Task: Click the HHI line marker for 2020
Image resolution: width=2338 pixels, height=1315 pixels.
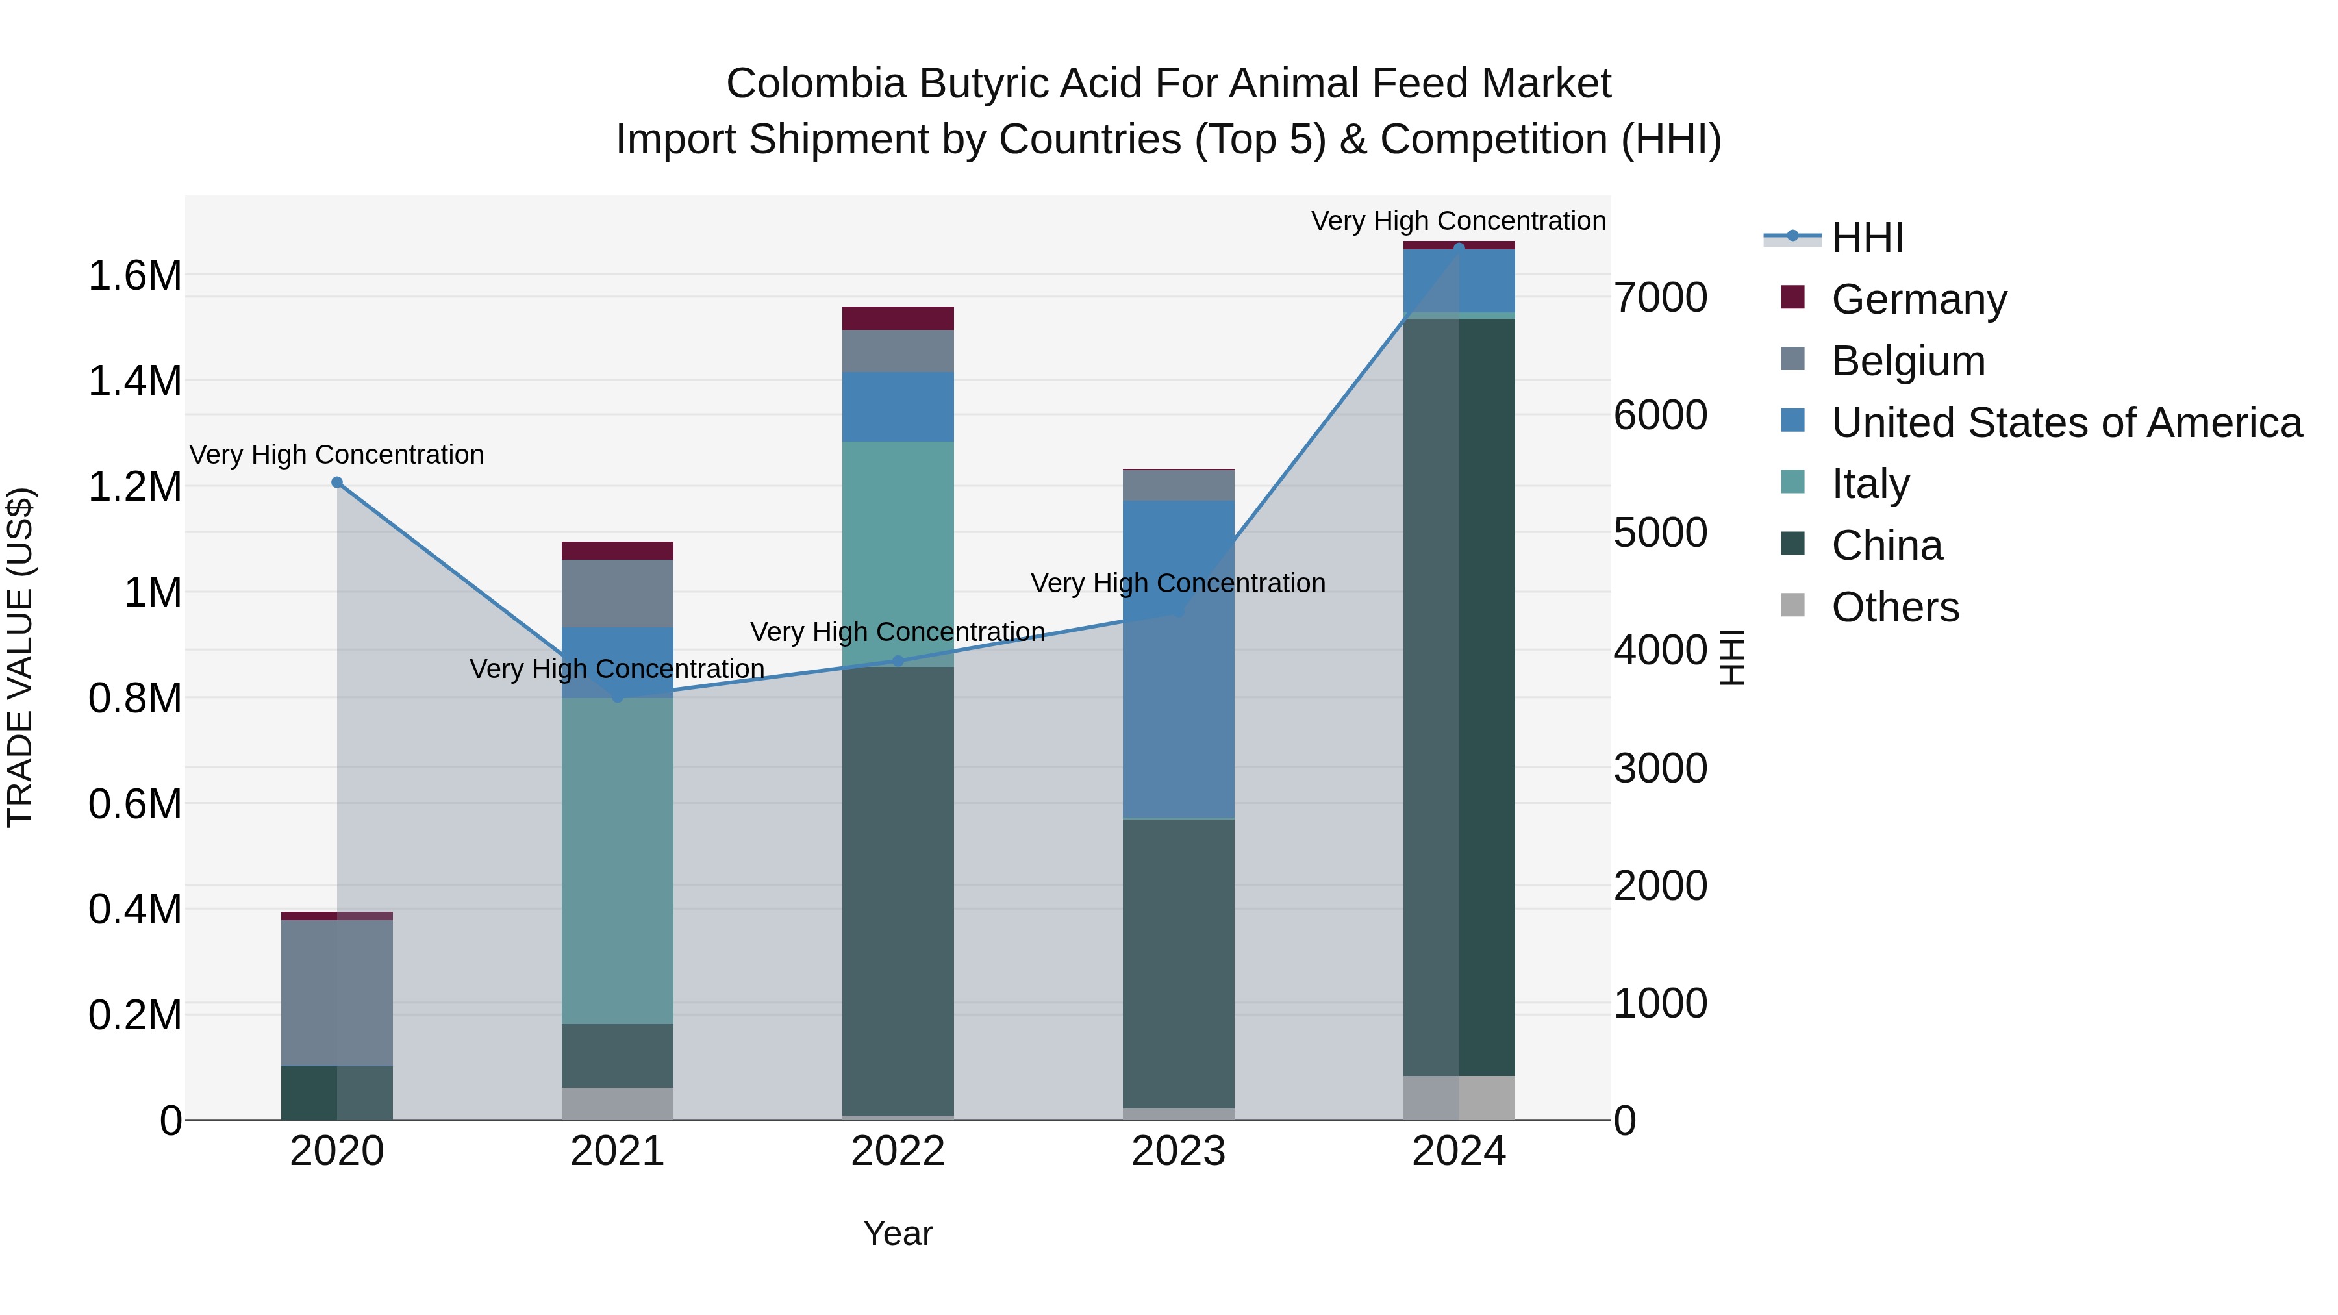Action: point(336,482)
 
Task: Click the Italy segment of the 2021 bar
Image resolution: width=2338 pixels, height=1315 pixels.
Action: point(617,860)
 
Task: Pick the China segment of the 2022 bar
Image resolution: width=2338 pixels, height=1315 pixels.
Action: point(898,890)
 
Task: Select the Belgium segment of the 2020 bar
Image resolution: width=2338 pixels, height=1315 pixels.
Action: point(336,993)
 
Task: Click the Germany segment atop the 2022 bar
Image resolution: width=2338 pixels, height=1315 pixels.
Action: point(898,318)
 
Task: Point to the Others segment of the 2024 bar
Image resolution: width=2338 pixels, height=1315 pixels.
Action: point(1459,1097)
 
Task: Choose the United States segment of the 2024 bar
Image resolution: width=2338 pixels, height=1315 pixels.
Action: point(1459,281)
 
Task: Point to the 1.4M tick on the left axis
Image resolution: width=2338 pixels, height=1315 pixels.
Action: point(134,381)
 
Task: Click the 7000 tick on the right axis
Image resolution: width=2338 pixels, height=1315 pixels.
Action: point(1660,297)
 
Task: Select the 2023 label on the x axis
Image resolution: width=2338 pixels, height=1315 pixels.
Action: point(1178,1151)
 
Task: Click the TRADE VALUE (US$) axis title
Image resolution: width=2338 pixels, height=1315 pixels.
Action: point(21,657)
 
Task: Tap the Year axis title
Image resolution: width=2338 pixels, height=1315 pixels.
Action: point(898,1233)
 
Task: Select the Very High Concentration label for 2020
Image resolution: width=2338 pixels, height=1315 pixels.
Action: point(336,454)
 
